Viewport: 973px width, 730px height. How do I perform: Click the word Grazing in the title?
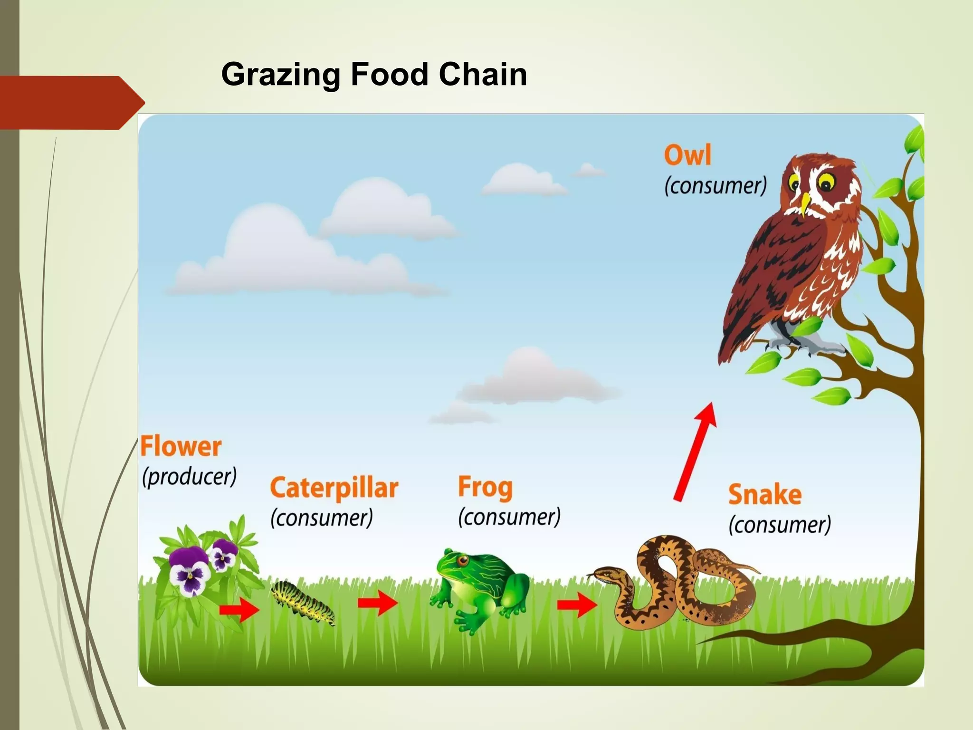281,75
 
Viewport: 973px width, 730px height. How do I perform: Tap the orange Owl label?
687,155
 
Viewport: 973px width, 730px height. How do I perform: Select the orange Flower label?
181,446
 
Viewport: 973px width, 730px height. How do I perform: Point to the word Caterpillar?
334,488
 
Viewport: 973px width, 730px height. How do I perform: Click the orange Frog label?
485,487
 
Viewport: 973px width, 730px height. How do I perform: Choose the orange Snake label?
764,494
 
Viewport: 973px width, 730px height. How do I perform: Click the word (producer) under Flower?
189,476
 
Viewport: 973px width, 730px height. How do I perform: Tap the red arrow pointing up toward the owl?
695,451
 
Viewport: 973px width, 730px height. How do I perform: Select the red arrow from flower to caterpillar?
239,609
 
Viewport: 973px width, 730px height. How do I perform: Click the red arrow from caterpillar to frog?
378,603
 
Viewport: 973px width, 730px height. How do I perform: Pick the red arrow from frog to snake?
577,605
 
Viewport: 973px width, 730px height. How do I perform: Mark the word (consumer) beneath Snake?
780,525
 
